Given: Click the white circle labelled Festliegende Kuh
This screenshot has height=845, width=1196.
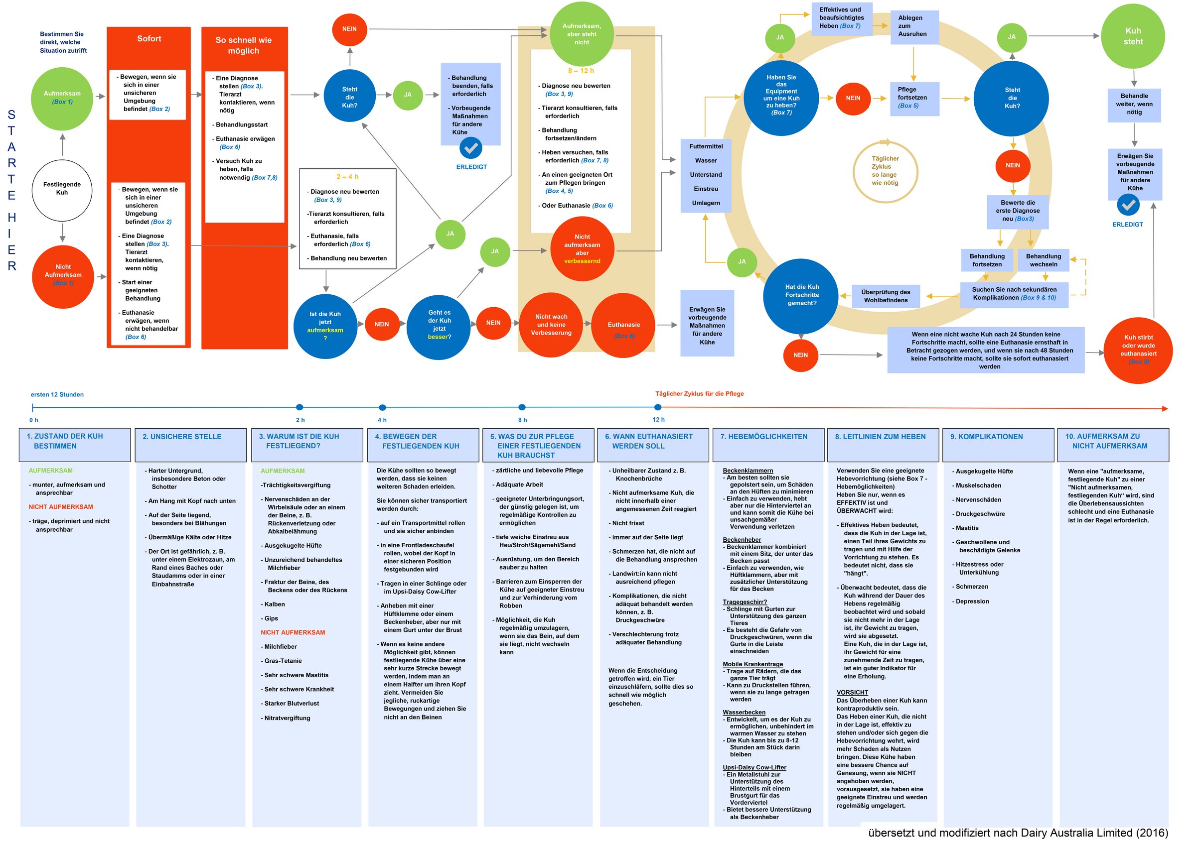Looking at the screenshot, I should point(62,189).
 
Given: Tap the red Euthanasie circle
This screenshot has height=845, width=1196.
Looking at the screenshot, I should point(623,325).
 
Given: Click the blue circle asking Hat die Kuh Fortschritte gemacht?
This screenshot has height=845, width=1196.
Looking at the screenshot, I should point(802,295).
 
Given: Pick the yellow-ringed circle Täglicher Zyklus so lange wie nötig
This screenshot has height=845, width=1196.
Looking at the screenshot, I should point(885,171).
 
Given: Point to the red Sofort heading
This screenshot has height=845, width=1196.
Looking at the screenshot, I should point(149,39).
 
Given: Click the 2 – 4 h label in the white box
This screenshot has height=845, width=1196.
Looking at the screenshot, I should point(347,177).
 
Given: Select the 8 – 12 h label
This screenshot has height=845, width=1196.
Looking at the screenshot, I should point(581,71).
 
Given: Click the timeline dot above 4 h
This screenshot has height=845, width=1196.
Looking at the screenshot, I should point(382,408).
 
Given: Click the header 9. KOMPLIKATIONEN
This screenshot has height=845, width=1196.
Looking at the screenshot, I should point(987,437).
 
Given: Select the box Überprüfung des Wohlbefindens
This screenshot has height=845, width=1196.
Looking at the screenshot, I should point(886,296).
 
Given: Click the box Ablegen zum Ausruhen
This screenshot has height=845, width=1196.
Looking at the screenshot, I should point(912,26).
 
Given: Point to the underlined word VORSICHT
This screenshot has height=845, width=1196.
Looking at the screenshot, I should point(852,693).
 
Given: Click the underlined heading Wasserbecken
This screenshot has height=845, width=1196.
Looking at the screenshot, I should point(744,713).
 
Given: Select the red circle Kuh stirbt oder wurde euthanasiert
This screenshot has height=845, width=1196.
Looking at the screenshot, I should point(1138,350).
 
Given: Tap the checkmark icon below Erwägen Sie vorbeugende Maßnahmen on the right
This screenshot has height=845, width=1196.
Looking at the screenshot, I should point(1128,205).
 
